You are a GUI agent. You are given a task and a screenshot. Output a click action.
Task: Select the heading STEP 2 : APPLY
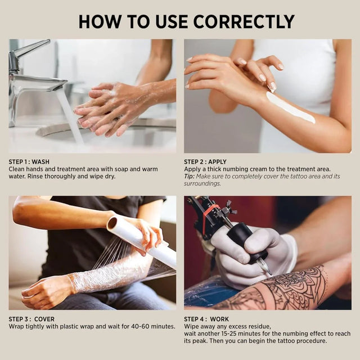click(205, 162)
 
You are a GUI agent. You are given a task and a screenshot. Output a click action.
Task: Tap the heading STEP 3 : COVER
click(32, 319)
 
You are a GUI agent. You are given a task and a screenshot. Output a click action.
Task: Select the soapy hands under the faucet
click(110, 110)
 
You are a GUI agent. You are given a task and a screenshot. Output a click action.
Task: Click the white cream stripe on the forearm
click(290, 107)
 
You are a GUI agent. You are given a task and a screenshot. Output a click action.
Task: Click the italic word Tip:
click(190, 177)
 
